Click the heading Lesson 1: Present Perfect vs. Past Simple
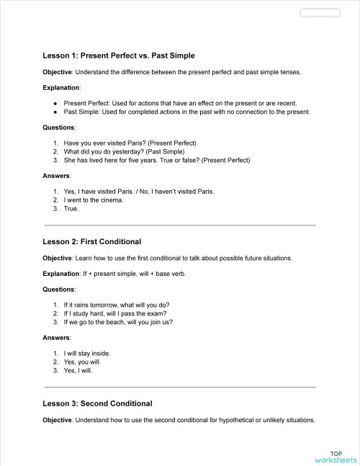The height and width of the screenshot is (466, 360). point(119,55)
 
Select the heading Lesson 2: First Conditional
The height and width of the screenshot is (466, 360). point(91,241)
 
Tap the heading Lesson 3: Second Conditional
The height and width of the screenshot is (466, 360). point(97,403)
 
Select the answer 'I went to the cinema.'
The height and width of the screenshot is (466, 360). point(94,200)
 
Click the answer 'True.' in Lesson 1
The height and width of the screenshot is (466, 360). point(71,208)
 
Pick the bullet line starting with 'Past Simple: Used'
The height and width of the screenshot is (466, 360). point(186,112)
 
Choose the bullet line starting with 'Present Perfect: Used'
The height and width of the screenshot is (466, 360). point(179,103)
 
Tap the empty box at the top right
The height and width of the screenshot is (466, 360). point(319,12)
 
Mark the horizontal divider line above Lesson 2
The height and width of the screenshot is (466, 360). point(180,225)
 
